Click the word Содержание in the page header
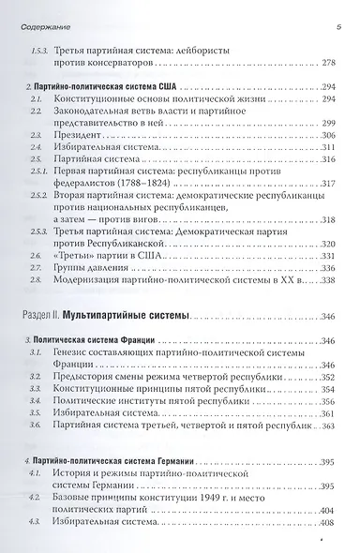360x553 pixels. coord(45,8)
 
